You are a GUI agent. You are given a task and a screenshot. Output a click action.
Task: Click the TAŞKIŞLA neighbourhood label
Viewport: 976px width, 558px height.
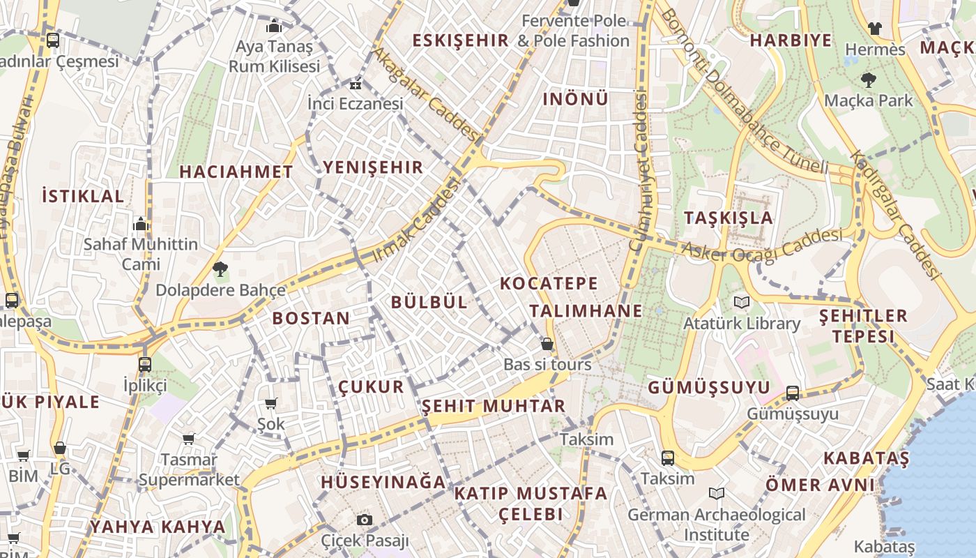click(729, 217)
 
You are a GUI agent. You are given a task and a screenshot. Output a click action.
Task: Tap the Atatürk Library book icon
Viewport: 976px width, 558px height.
click(740, 303)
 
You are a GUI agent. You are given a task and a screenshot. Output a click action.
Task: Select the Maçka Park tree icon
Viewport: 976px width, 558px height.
click(868, 80)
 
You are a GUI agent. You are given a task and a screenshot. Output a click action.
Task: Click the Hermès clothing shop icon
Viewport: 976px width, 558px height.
click(875, 29)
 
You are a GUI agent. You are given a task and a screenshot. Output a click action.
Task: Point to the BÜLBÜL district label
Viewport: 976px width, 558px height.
click(429, 302)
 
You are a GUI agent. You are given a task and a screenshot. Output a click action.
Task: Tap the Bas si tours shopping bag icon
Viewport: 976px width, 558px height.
click(547, 344)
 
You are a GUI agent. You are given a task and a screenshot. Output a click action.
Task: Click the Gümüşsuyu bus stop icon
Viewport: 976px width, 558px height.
click(793, 393)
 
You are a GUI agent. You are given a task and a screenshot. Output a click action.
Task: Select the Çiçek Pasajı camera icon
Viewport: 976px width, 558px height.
click(364, 520)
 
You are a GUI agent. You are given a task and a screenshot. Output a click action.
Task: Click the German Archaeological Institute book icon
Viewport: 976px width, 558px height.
click(716, 494)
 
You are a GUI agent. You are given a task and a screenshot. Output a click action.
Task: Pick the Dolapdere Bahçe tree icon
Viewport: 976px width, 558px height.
click(220, 269)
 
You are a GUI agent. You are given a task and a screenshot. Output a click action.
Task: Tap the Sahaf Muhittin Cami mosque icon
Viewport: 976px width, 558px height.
click(141, 225)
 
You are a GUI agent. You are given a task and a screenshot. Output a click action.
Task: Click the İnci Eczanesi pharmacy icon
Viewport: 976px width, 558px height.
click(356, 85)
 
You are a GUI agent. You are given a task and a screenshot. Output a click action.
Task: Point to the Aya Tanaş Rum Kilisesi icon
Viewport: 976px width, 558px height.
click(274, 27)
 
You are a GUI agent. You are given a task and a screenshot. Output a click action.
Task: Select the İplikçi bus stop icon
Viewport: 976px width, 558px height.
click(145, 364)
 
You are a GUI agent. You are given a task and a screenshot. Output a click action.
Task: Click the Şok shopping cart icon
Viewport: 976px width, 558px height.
click(270, 403)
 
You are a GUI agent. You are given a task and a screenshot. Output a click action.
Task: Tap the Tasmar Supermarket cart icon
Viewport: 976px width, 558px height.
click(188, 439)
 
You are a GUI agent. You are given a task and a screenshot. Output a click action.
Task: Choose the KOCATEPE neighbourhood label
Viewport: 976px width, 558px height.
click(549, 283)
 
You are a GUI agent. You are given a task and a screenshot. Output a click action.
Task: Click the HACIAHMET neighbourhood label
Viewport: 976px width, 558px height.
click(236, 172)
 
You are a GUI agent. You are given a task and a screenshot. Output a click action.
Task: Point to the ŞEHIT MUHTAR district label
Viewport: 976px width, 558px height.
click(494, 406)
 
